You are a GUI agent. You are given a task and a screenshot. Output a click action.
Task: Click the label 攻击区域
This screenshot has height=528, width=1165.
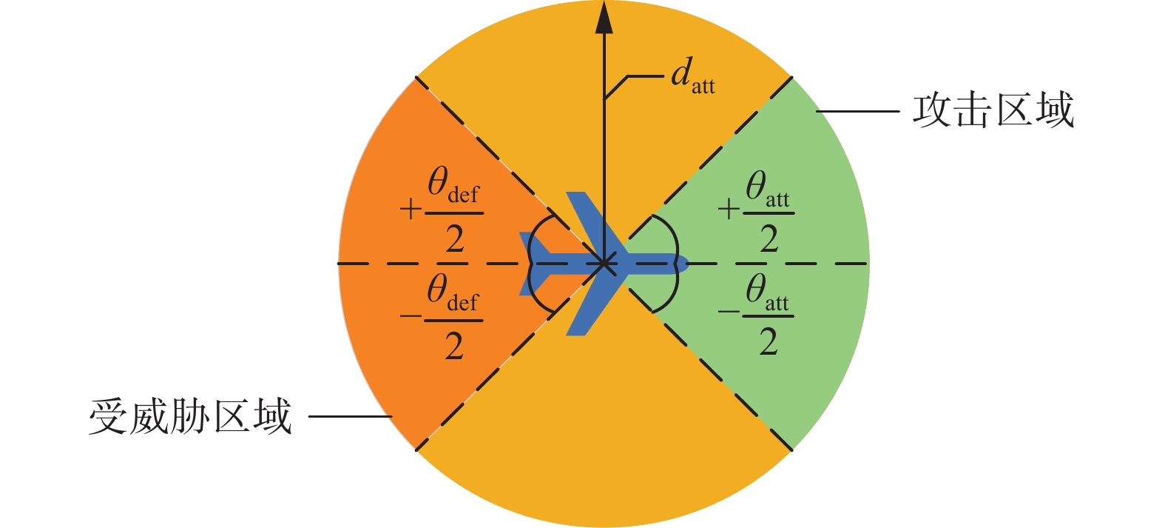click(x=993, y=111)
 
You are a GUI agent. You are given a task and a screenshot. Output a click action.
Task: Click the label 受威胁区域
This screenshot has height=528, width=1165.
click(x=190, y=416)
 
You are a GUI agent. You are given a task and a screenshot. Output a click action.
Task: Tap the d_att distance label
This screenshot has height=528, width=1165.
click(x=692, y=76)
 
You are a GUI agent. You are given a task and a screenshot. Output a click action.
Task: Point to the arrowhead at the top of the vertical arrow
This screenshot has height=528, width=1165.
click(x=604, y=18)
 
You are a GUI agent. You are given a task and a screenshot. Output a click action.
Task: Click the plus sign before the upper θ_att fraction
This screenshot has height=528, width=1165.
click(x=729, y=210)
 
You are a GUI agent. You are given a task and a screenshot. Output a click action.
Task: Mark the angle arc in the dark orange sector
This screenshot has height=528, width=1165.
click(x=531, y=263)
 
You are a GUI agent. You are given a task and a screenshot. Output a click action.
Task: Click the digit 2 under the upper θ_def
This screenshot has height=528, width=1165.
click(x=454, y=239)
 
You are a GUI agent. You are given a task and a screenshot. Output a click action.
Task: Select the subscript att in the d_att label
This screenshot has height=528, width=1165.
click(x=703, y=87)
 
